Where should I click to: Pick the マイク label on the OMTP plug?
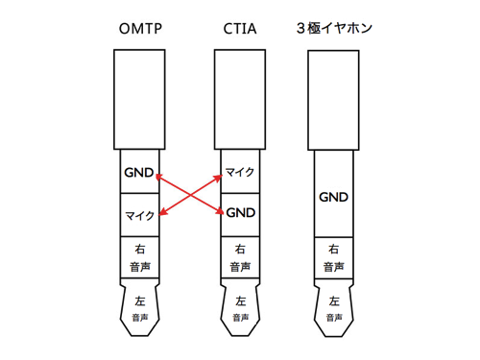coord(139,216)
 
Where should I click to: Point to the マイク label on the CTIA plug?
coord(239,173)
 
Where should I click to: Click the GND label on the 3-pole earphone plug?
coord(334,198)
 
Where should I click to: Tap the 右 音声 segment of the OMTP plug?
coord(140,257)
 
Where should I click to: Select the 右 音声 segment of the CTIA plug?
coord(239,257)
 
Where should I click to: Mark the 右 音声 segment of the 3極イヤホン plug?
coord(334,257)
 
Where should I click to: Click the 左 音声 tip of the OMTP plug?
coord(140,307)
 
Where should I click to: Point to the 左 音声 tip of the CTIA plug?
coord(239,307)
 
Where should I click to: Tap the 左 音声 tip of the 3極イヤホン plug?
coord(334,307)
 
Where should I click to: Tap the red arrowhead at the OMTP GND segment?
coord(159,178)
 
